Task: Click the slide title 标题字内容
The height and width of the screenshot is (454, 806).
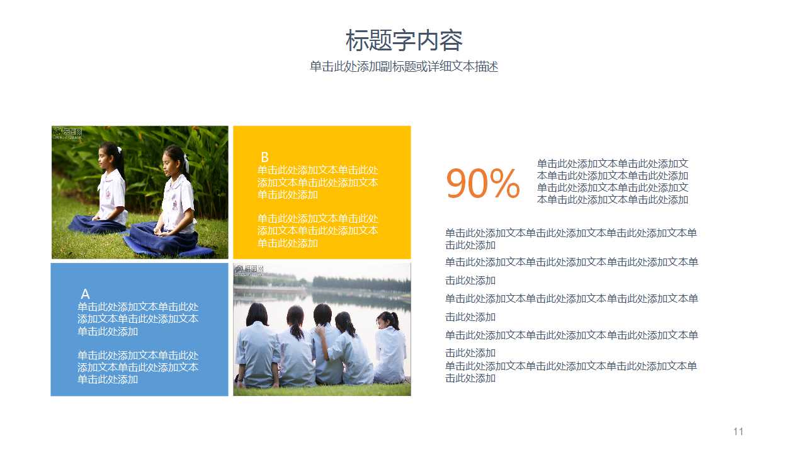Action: coord(404,41)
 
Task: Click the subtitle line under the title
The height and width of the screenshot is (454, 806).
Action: coord(404,67)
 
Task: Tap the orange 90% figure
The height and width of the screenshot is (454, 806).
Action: coord(482,183)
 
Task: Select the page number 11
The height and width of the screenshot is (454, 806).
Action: coord(738,431)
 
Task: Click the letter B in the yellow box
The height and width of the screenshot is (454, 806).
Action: coord(264,157)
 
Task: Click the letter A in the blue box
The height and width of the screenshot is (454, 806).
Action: coord(85,294)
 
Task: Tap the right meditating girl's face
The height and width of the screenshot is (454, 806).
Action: coord(169,162)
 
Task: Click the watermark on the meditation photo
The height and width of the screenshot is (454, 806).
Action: coord(67,132)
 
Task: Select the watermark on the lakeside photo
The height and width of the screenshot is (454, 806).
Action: coord(249,270)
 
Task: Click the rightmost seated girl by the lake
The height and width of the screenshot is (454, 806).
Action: coord(390,347)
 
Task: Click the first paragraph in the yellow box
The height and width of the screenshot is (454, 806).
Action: coord(318,182)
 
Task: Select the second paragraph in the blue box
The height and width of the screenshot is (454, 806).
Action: coord(138,367)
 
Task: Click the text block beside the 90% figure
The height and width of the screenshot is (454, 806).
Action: coord(613,182)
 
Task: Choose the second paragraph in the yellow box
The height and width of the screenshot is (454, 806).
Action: coord(318,231)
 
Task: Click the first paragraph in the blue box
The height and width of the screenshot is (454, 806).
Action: coord(138,318)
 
